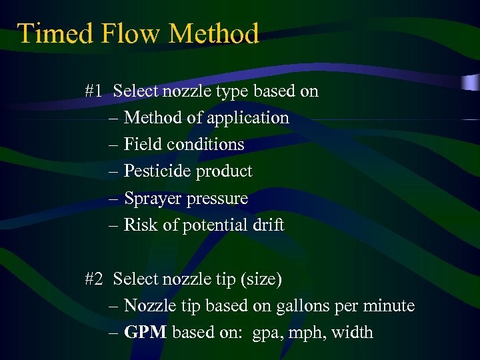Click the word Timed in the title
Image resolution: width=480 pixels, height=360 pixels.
click(x=47, y=33)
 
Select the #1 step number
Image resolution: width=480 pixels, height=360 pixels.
click(x=94, y=91)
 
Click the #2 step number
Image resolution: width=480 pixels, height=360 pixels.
click(x=94, y=279)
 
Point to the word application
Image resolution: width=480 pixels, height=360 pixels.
click(x=247, y=118)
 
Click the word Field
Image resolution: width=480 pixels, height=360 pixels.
click(x=143, y=145)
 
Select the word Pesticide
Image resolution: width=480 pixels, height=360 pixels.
click(x=158, y=171)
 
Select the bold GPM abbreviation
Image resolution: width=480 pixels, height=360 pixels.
click(x=145, y=332)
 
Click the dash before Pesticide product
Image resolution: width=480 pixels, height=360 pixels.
click(x=114, y=171)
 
